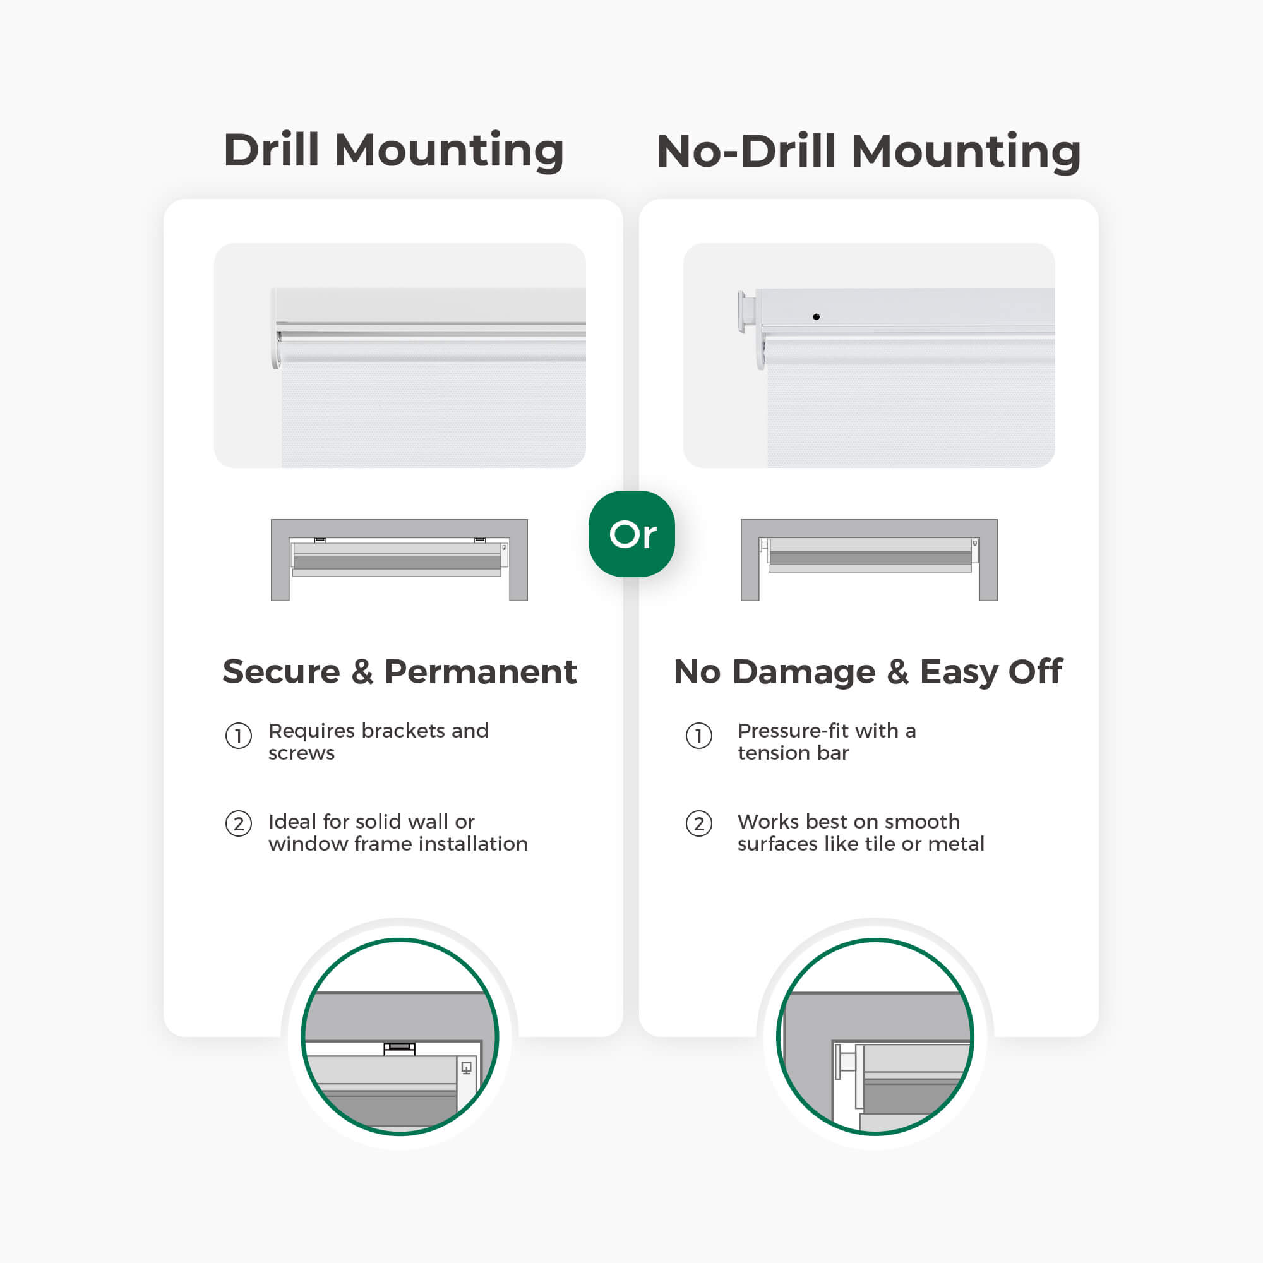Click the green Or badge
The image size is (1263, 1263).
631,534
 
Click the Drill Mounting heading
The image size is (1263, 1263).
393,151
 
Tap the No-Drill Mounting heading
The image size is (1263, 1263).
869,152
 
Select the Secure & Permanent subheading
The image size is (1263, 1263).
400,671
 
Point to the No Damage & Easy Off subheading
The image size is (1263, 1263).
868,673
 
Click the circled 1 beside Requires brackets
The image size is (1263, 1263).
239,736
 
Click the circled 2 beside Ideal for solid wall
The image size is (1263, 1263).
239,823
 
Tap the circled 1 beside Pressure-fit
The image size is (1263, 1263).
699,736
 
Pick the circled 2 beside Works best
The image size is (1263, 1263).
699,823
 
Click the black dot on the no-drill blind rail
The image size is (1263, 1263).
816,317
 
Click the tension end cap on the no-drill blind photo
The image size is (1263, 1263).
746,313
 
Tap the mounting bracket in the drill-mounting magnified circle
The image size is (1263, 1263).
400,1048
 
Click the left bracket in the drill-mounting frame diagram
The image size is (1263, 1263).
320,540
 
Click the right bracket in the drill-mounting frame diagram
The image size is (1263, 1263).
480,540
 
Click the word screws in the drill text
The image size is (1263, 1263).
301,754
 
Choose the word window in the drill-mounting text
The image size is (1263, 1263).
308,844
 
